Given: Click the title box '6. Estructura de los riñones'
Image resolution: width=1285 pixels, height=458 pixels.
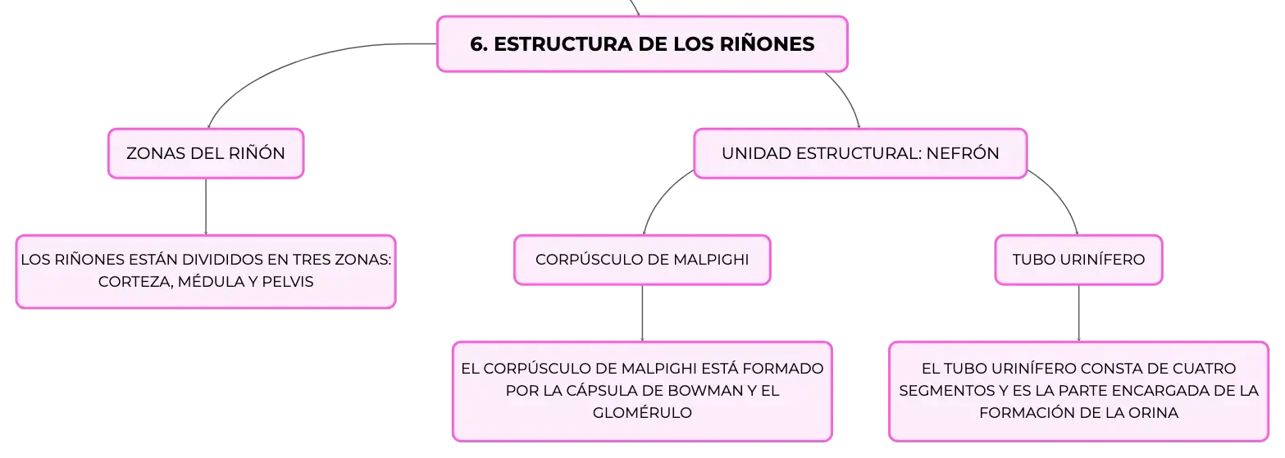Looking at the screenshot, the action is tap(642, 44).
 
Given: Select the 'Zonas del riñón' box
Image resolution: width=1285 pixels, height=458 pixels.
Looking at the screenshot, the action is tap(206, 153).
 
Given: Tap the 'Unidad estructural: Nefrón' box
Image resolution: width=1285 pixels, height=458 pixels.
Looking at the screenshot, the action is tap(860, 153).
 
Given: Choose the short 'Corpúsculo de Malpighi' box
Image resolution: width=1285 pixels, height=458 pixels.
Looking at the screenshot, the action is tap(642, 260).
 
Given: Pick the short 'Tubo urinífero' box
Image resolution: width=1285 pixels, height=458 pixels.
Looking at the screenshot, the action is tap(1078, 260).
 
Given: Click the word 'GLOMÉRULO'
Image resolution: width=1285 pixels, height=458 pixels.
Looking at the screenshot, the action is tap(642, 413).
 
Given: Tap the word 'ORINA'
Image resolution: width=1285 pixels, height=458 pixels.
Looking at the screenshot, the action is tap(1153, 413).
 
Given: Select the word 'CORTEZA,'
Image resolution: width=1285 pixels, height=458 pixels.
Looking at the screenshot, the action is tap(135, 282).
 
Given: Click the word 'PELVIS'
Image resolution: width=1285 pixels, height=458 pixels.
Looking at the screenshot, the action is tap(287, 282).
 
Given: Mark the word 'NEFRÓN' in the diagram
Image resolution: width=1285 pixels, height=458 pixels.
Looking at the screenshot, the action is tap(963, 153).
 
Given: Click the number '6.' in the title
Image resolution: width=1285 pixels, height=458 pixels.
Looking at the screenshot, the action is tap(479, 44).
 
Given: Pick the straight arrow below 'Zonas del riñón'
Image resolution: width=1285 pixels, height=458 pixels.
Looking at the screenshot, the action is tap(206, 206).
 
